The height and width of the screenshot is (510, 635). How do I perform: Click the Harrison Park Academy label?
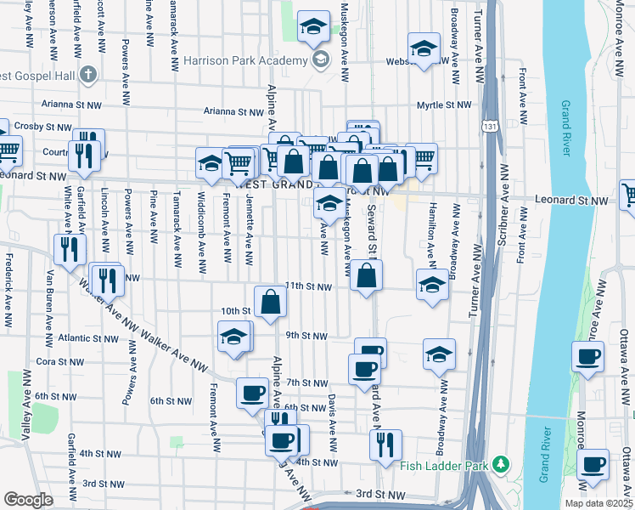[x=245, y=61]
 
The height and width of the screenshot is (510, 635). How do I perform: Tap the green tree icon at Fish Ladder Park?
[x=502, y=464]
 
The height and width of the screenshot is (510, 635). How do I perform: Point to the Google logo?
[x=28, y=499]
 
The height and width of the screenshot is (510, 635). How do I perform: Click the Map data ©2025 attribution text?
[x=597, y=502]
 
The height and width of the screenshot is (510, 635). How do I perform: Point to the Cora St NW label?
[x=58, y=361]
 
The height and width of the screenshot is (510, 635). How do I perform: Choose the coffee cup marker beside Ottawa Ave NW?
[x=587, y=358]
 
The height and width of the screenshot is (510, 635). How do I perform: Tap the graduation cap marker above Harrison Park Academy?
[x=313, y=27]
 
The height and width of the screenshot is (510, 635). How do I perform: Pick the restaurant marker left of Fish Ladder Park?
[x=385, y=445]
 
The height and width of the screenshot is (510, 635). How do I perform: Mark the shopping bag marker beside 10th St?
[x=270, y=302]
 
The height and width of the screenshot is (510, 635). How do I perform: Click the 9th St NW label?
[x=306, y=336]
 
